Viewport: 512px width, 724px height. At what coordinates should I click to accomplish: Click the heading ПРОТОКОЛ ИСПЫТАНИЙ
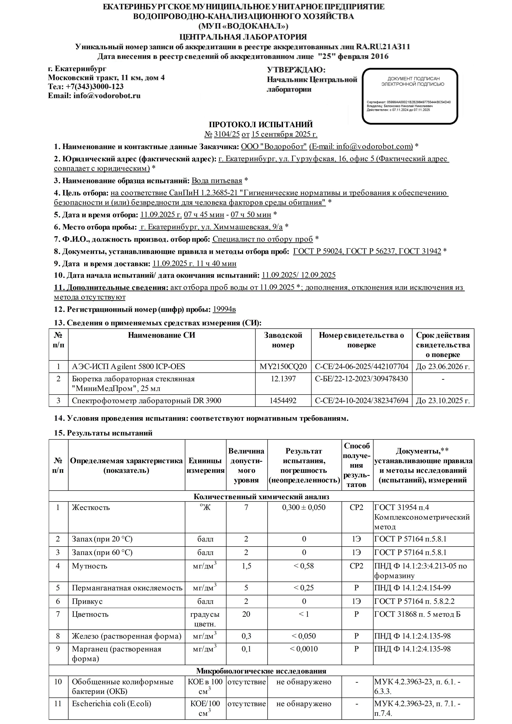click(x=261, y=125)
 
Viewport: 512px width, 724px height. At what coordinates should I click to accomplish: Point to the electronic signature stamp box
click(x=410, y=96)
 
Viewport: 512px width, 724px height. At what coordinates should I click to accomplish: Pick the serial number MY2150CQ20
click(x=283, y=366)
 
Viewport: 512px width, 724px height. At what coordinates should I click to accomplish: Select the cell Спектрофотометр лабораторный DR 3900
click(x=146, y=400)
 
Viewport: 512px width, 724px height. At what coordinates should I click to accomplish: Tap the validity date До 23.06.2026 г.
click(x=443, y=366)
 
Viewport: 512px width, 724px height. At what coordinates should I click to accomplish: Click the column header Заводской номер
click(x=283, y=340)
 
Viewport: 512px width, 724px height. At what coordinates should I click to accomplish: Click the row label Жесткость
click(x=91, y=507)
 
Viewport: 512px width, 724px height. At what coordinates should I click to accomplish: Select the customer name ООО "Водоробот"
click(x=274, y=146)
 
